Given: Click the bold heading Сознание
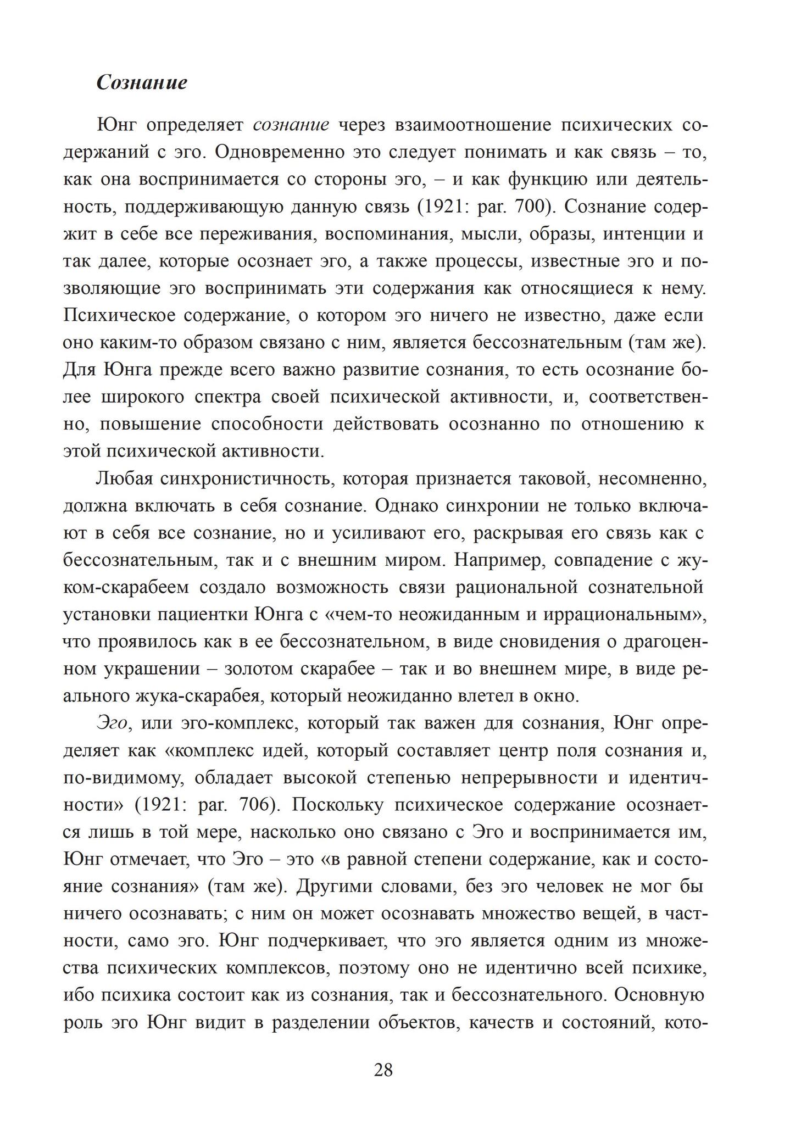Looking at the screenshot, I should pyautogui.click(x=142, y=82).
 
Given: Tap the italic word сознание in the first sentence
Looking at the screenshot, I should pyautogui.click(x=291, y=125).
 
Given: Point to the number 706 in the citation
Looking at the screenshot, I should pyautogui.click(x=256, y=805).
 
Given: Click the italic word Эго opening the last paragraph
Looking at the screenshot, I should pyautogui.click(x=113, y=723).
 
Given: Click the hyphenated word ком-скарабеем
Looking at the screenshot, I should pyautogui.click(x=126, y=588).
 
